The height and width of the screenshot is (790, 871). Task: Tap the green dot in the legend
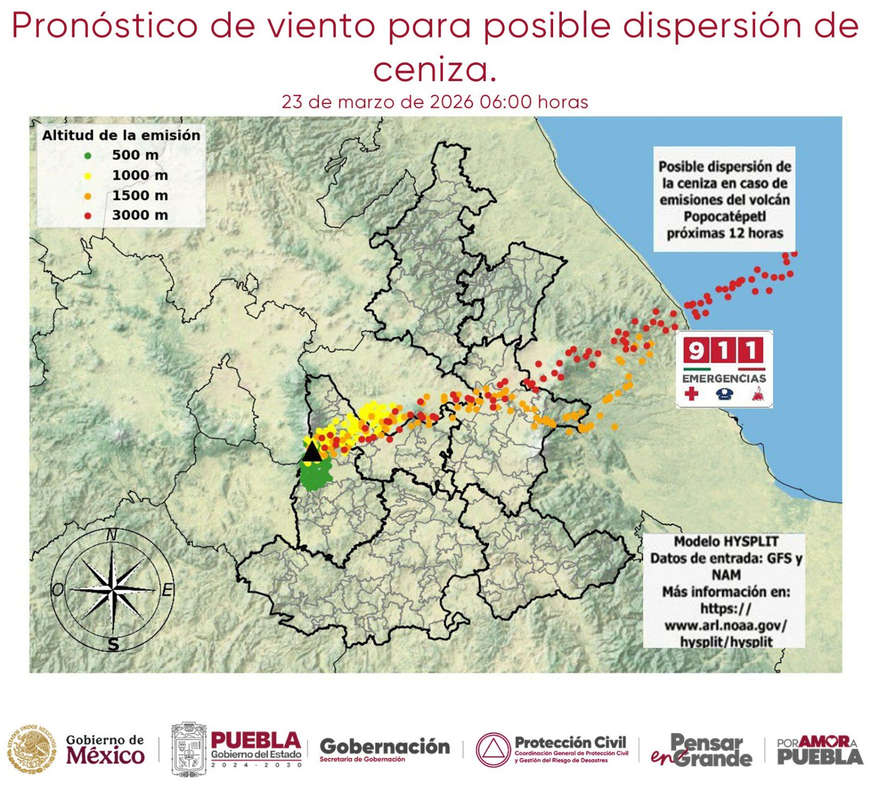tap(88, 156)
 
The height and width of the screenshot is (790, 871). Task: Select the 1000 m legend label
tap(140, 175)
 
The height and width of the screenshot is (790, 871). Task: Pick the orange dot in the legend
tap(88, 196)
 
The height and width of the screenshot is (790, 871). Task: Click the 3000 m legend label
tap(140, 216)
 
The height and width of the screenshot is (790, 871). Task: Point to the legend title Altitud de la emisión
tap(121, 135)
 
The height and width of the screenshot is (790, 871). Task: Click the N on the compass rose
tap(112, 535)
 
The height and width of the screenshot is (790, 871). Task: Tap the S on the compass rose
tap(113, 645)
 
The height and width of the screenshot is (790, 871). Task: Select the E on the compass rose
tap(168, 590)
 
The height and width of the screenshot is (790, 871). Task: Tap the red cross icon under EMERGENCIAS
tap(691, 394)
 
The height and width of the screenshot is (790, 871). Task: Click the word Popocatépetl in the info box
tap(725, 217)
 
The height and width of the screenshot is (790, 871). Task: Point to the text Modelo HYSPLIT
tap(726, 542)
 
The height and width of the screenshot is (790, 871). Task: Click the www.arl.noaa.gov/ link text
tap(726, 625)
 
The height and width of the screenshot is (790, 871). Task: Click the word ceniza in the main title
tap(434, 70)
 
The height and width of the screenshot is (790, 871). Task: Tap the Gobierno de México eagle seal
tap(32, 750)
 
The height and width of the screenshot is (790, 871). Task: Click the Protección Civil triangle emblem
tap(493, 750)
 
